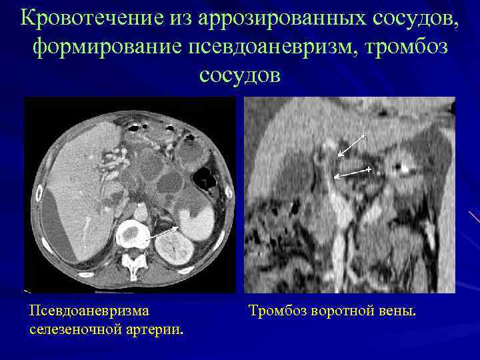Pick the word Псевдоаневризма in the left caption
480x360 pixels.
click(89, 311)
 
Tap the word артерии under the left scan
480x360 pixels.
click(153, 329)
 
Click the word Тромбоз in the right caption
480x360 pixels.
click(277, 311)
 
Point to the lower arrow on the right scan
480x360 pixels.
click(351, 173)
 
